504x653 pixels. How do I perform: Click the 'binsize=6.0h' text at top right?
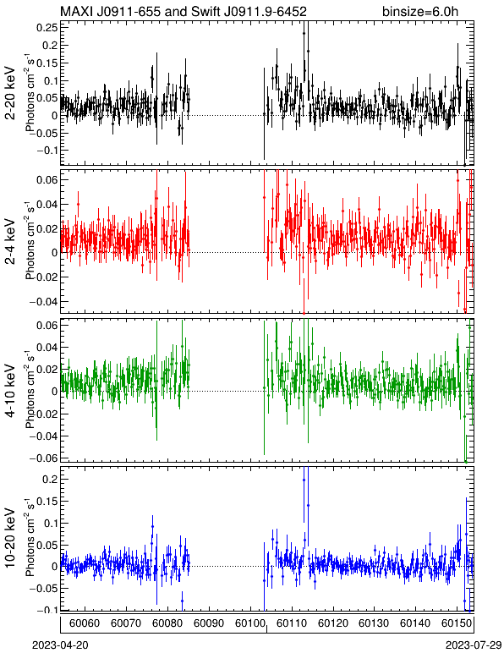420,11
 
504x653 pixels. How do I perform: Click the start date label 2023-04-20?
60,645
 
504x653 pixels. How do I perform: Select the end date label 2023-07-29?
474,645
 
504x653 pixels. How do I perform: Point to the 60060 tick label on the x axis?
85,623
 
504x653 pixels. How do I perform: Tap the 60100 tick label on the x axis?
250,623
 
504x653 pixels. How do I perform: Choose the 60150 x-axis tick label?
457,623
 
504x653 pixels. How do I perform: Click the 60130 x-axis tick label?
374,623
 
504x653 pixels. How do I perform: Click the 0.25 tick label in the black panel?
47,27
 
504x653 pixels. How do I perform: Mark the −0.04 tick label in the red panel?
44,301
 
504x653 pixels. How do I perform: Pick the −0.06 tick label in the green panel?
44,458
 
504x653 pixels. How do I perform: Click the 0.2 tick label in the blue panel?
51,479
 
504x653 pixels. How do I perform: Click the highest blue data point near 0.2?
304,480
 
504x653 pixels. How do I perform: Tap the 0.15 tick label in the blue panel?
47,501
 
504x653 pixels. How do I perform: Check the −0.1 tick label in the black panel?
47,151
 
